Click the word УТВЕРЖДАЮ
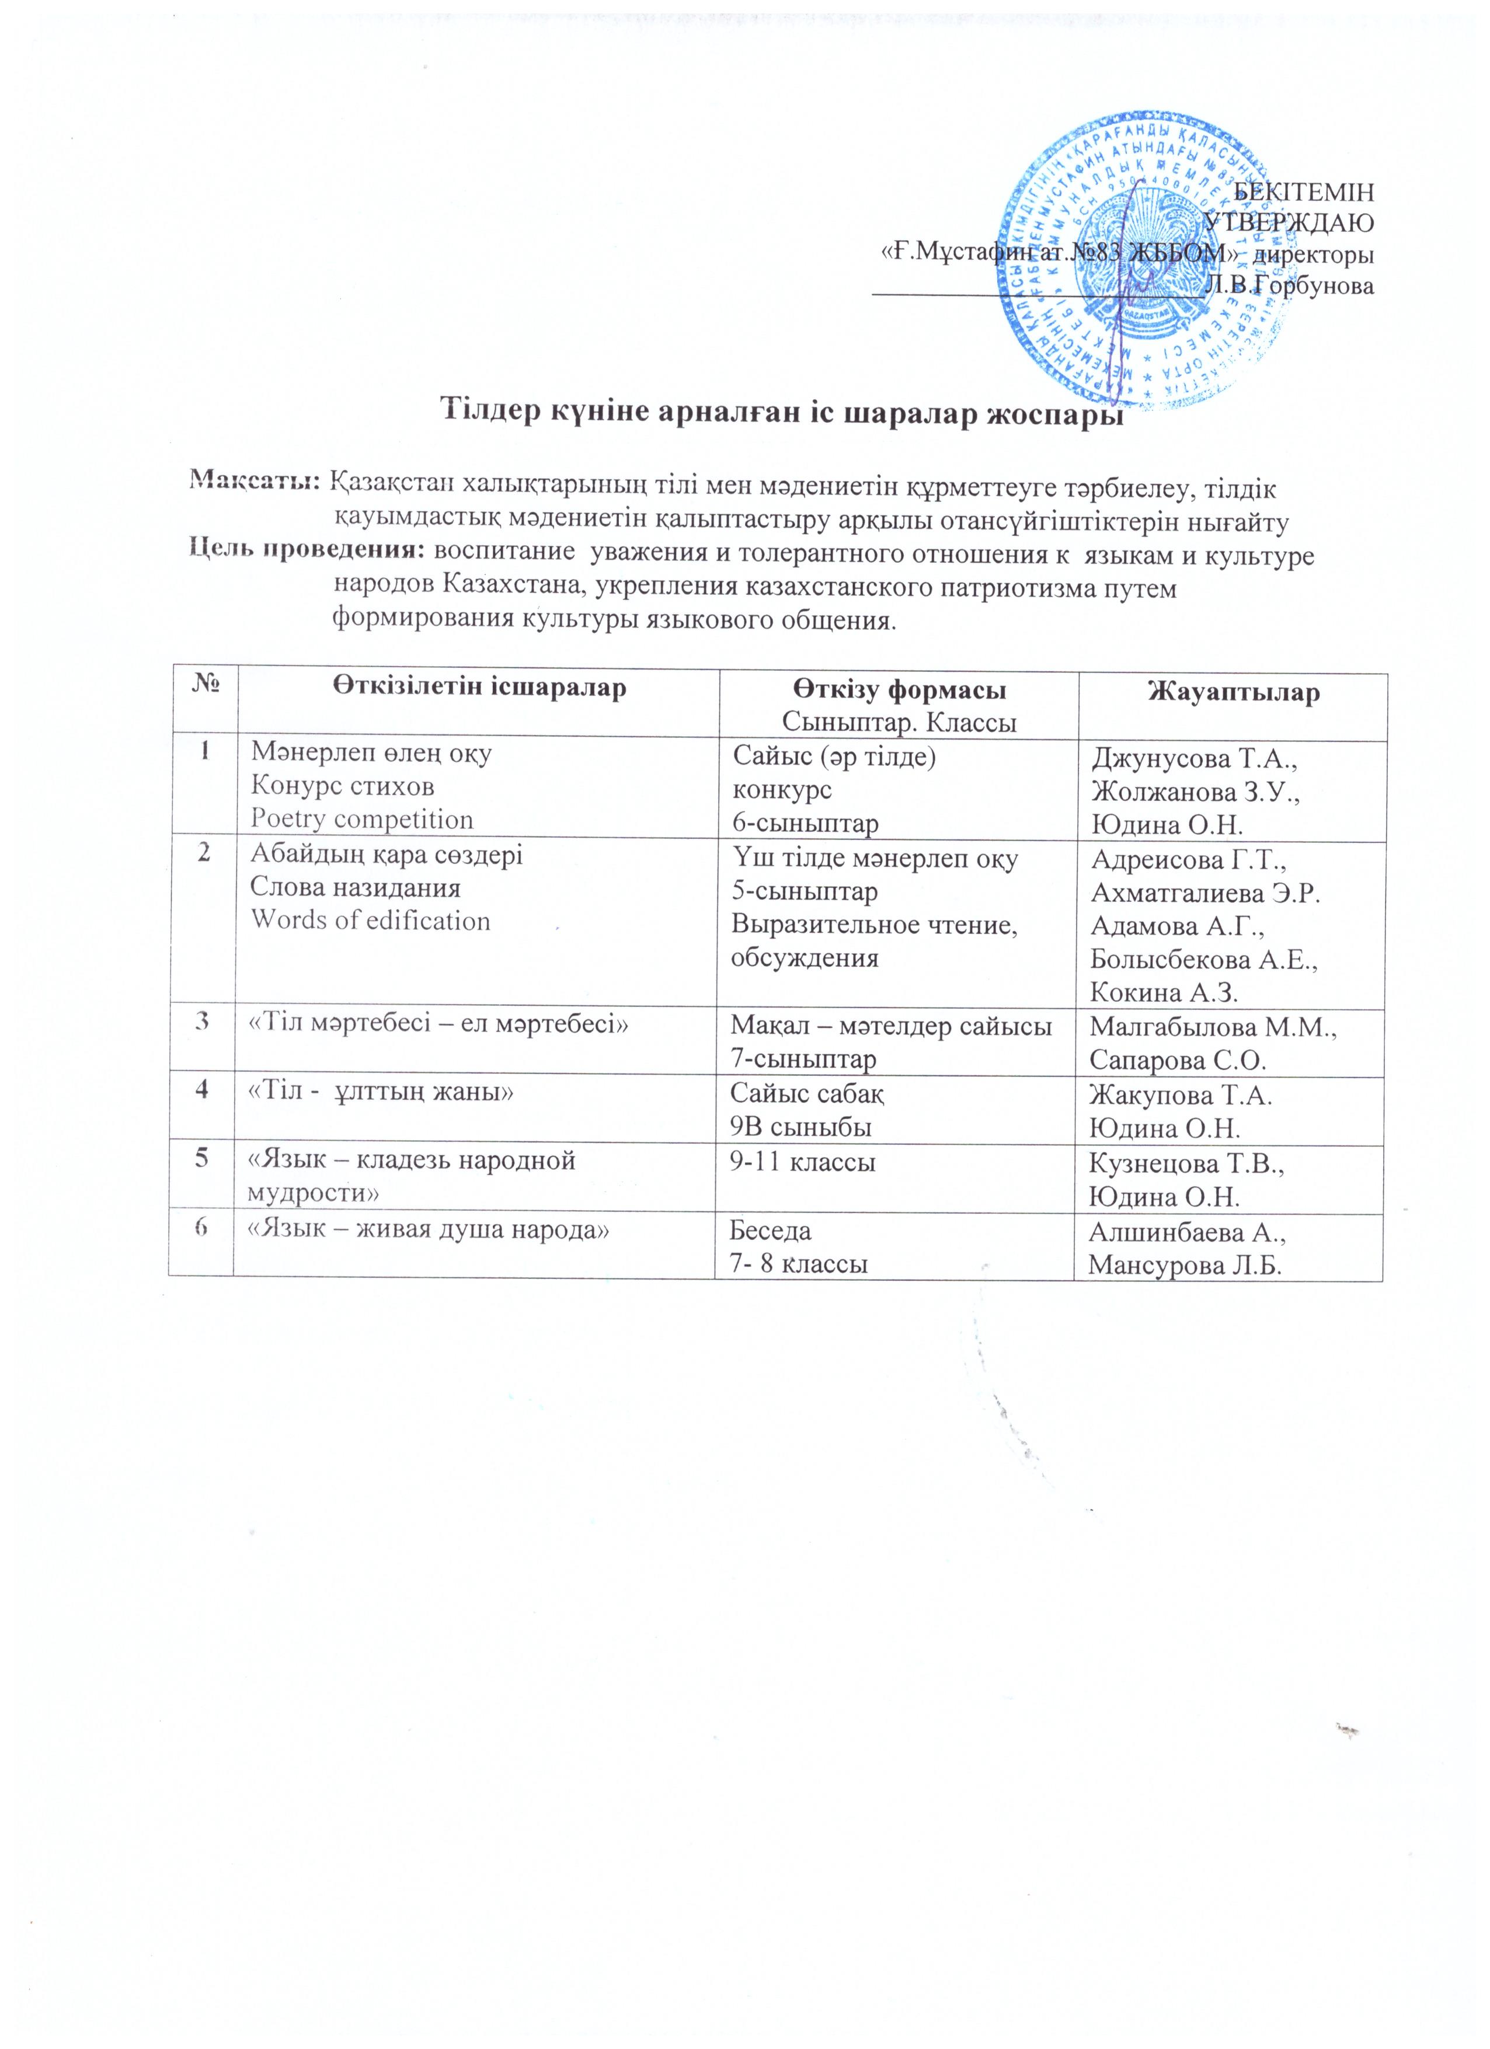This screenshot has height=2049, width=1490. pos(1290,222)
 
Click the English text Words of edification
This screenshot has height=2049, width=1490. pos(371,921)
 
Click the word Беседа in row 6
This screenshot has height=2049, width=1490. pos(771,1231)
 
